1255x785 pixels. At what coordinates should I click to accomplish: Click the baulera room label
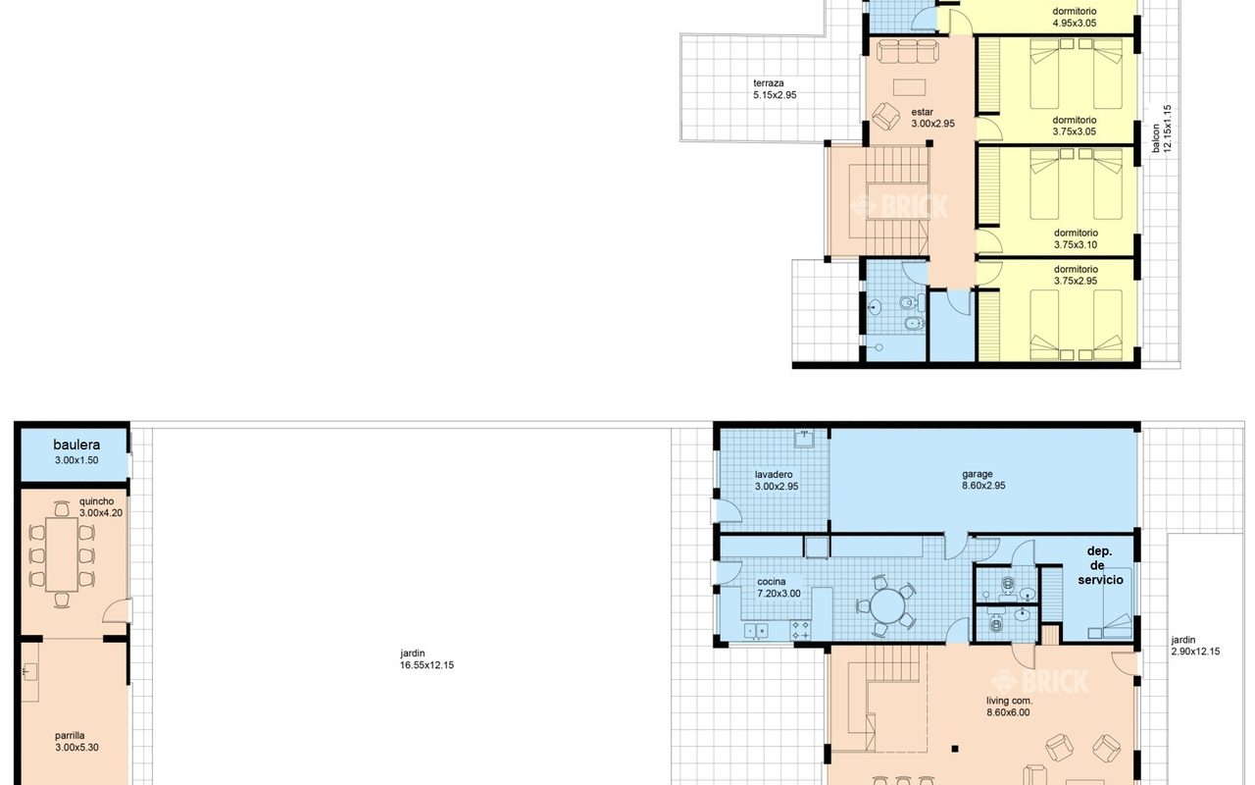[x=76, y=445]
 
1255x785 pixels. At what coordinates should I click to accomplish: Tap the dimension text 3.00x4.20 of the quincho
[x=101, y=512]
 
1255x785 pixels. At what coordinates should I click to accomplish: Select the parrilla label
[x=70, y=736]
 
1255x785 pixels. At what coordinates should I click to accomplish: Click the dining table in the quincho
[x=62, y=554]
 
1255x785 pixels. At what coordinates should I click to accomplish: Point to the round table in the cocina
[x=886, y=605]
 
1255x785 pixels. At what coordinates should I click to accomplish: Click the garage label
[x=978, y=474]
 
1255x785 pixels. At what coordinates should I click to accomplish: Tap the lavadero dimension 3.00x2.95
[x=777, y=486]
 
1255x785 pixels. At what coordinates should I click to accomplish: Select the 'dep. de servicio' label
[x=1100, y=565]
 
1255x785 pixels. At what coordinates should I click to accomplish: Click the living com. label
[x=1010, y=701]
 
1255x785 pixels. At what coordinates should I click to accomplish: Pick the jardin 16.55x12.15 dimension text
[x=427, y=665]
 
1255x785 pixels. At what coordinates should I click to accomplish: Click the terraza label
[x=769, y=83]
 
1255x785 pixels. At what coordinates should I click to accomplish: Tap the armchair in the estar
[x=885, y=116]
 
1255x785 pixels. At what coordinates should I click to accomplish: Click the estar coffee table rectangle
[x=909, y=88]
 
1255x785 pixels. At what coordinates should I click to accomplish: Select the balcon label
[x=1156, y=138]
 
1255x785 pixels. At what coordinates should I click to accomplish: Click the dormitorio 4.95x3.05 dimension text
[x=1075, y=23]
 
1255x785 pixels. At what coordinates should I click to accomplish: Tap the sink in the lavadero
[x=805, y=439]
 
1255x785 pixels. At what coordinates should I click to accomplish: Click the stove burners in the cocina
[x=800, y=630]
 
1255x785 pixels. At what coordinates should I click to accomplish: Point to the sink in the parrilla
[x=30, y=671]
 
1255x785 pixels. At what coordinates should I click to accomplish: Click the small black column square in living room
[x=955, y=749]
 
